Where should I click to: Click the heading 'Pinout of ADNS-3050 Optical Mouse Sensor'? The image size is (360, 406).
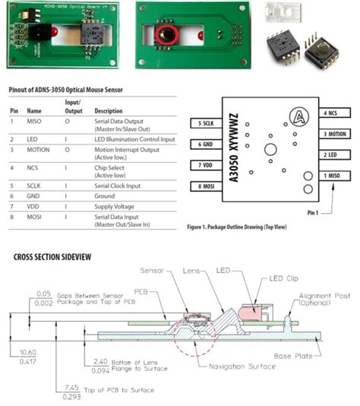(x=66, y=90)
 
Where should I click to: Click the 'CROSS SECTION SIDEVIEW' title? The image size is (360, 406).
(x=52, y=257)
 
